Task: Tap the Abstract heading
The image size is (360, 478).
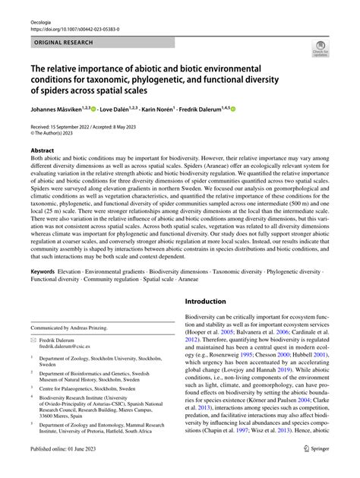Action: point(42,150)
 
